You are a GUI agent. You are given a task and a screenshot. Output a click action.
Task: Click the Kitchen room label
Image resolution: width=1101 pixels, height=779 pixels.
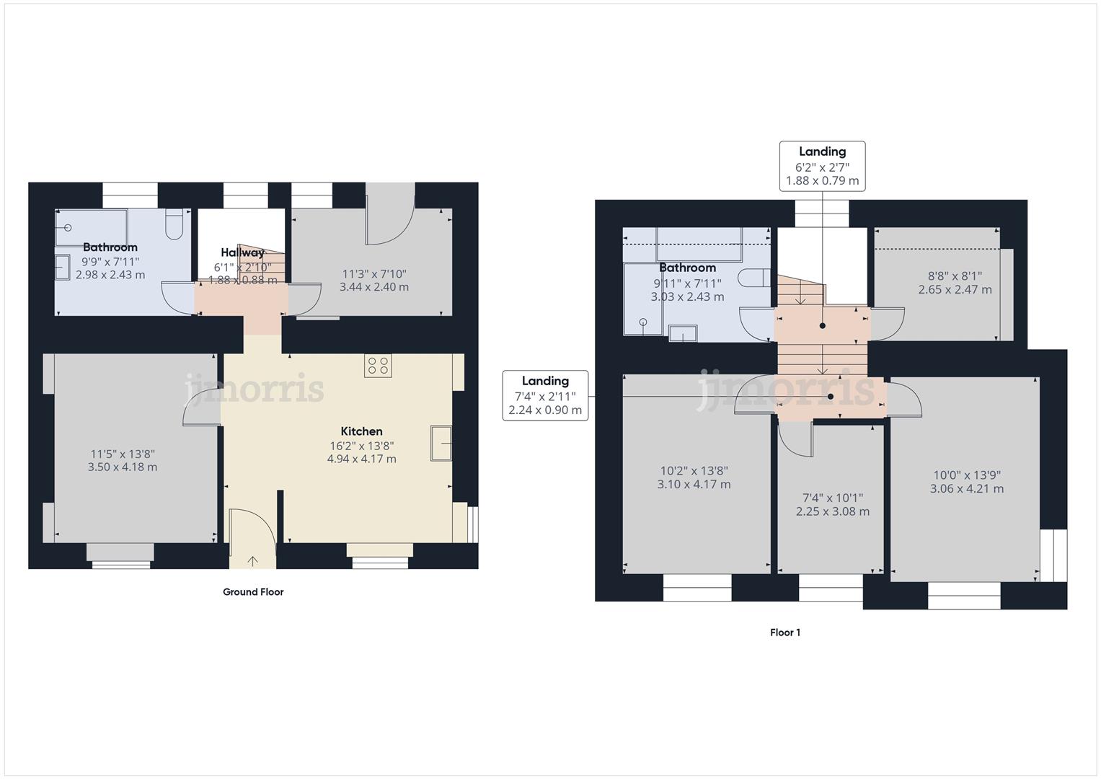pyautogui.click(x=361, y=431)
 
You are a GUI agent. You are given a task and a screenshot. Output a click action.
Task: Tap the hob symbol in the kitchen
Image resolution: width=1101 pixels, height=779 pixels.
pyautogui.click(x=378, y=366)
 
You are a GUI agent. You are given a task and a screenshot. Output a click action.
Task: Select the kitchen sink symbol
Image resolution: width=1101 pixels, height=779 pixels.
pyautogui.click(x=441, y=443)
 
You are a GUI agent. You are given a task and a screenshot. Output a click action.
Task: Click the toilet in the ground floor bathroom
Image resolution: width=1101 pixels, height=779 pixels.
pyautogui.click(x=174, y=224)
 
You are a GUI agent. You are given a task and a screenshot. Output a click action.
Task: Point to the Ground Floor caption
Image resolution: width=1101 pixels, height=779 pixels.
pyautogui.click(x=253, y=592)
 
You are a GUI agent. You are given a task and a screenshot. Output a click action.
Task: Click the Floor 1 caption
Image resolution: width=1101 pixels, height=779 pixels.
pyautogui.click(x=785, y=633)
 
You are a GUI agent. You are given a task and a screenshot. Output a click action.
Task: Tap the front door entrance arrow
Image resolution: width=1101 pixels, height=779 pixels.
pyautogui.click(x=252, y=560)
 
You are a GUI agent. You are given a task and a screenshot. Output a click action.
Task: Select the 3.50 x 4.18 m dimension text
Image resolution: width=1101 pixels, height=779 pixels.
pyautogui.click(x=123, y=467)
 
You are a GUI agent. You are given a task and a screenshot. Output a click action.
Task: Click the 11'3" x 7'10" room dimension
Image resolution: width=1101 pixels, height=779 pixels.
pyautogui.click(x=374, y=274)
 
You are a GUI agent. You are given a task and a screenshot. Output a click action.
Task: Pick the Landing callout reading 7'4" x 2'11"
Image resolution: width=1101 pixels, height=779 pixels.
pyautogui.click(x=545, y=395)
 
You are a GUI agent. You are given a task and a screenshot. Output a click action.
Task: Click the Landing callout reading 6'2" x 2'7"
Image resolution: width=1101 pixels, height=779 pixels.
pyautogui.click(x=822, y=166)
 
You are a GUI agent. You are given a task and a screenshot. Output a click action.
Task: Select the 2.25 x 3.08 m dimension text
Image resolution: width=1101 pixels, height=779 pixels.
pyautogui.click(x=833, y=511)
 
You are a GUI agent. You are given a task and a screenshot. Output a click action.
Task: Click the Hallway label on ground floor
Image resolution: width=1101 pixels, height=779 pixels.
pyautogui.click(x=242, y=252)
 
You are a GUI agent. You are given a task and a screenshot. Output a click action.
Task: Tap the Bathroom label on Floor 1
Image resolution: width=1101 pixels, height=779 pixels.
pyautogui.click(x=687, y=268)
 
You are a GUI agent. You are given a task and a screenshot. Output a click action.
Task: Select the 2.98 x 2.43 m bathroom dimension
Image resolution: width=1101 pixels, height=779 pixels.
pyautogui.click(x=110, y=275)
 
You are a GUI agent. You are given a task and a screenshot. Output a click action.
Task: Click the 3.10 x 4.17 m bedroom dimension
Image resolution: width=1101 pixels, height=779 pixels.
pyautogui.click(x=694, y=485)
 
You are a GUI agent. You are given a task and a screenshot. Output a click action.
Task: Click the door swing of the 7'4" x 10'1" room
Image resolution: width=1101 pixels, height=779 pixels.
pyautogui.click(x=797, y=441)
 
